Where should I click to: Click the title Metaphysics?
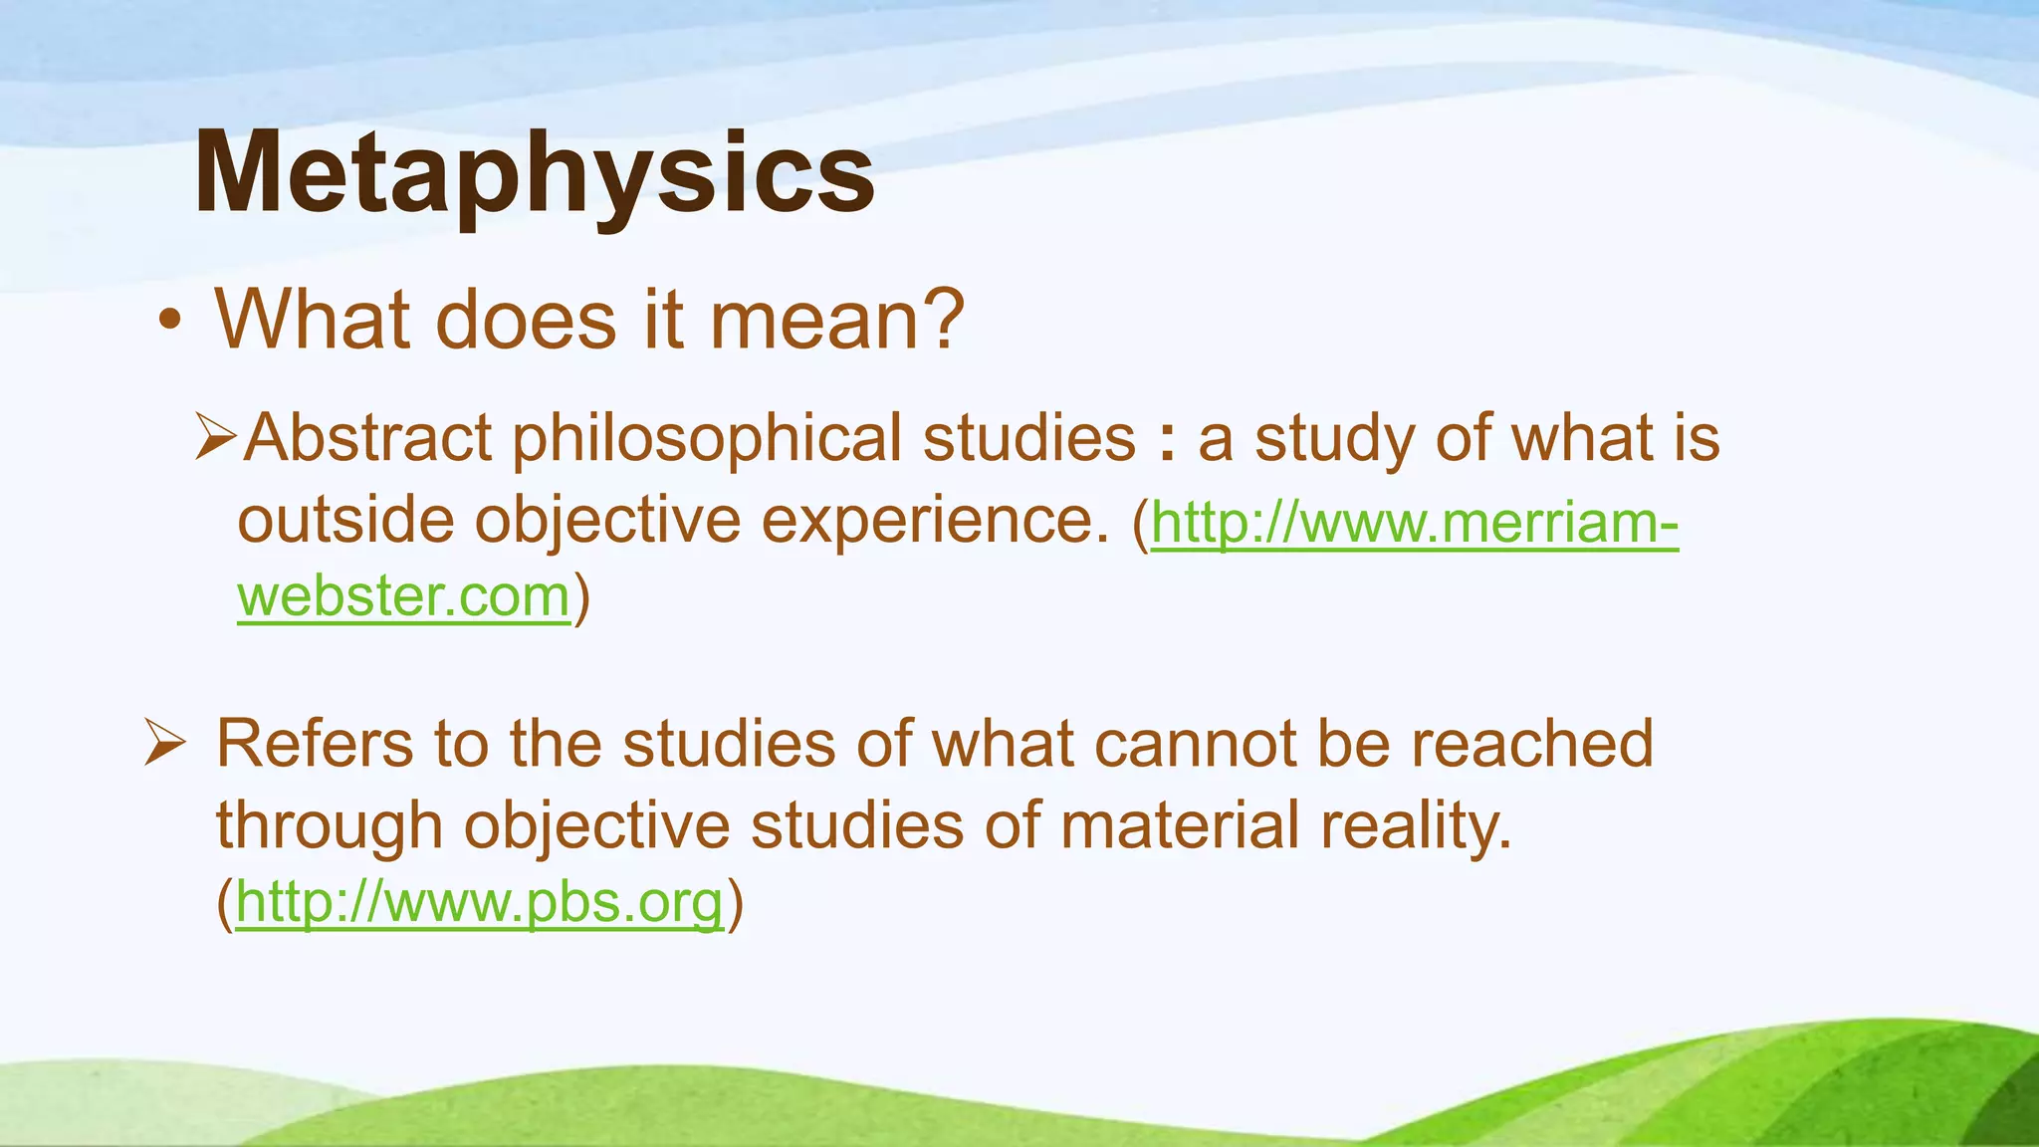[x=534, y=174]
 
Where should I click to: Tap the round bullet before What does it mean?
[x=170, y=322]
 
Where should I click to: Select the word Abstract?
[x=368, y=438]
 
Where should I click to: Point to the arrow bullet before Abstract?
[x=215, y=437]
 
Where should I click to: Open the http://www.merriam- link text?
[x=1414, y=522]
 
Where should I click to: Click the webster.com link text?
[x=403, y=597]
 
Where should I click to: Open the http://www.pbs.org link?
[x=479, y=903]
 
